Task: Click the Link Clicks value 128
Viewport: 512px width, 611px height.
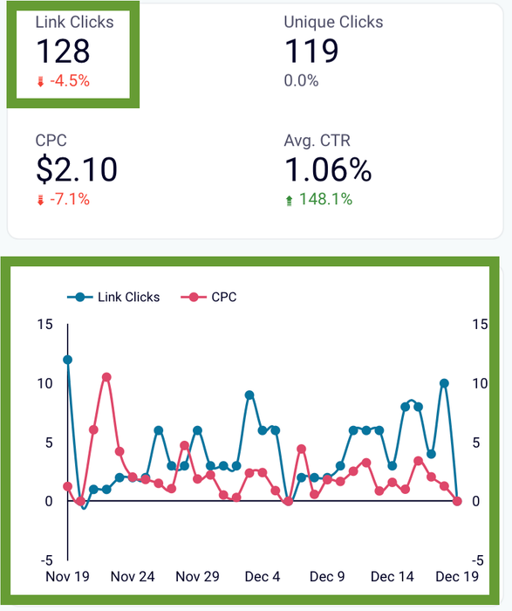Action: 63,51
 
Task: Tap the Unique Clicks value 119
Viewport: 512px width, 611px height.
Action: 311,51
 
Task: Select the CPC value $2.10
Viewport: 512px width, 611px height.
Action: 77,169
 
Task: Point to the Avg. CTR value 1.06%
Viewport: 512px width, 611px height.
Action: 328,169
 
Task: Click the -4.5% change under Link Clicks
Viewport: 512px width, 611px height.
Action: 70,81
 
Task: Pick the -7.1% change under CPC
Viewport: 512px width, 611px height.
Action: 70,200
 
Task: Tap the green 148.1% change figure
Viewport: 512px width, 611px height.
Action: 325,200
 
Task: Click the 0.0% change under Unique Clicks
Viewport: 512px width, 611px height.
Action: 302,81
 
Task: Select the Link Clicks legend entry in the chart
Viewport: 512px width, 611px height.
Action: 113,298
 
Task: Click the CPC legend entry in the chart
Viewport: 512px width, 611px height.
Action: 208,298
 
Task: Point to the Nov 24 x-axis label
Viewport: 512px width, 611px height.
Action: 133,577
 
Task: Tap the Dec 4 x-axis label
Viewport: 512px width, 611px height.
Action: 263,577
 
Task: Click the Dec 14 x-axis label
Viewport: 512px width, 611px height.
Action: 393,577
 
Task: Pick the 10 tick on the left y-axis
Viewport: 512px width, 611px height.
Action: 44,383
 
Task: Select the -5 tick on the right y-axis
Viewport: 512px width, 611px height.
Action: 478,560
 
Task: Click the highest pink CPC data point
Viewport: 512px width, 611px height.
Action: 106,377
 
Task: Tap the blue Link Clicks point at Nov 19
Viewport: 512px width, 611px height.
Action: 68,360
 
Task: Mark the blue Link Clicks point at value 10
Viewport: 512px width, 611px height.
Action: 444,383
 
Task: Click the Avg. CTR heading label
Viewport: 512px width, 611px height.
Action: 317,141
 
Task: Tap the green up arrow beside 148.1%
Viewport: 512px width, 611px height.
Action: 290,201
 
